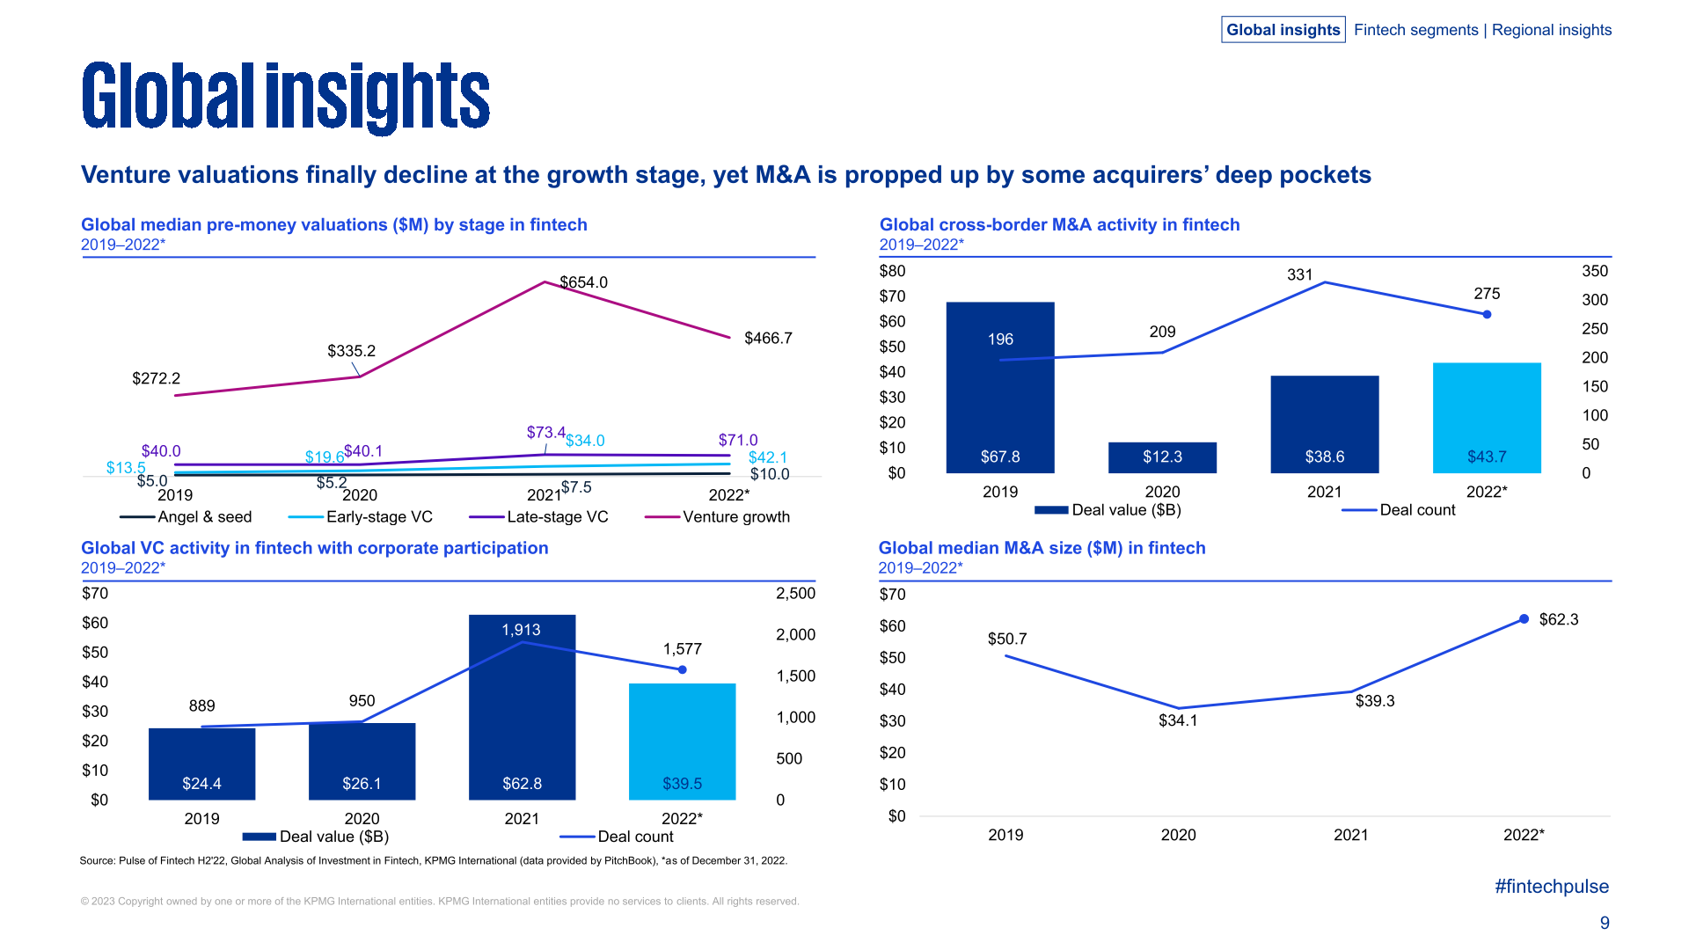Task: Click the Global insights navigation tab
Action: [x=1283, y=30]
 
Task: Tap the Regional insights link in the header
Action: [x=1551, y=30]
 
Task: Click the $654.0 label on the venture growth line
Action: [x=584, y=282]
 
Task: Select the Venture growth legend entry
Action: [x=717, y=517]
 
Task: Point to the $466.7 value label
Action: [x=768, y=339]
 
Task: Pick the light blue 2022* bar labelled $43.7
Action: [x=1487, y=418]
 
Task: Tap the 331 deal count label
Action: [x=1299, y=274]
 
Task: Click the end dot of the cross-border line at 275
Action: [x=1487, y=314]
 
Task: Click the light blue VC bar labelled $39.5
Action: [x=682, y=742]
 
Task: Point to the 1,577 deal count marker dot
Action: [x=682, y=670]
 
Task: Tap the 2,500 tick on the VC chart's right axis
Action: [x=795, y=594]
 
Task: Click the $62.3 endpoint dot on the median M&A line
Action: [x=1524, y=619]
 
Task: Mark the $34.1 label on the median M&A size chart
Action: [x=1178, y=721]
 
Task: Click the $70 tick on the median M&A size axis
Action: [x=892, y=595]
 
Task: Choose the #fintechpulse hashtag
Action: [x=1551, y=887]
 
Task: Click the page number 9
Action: [x=1605, y=923]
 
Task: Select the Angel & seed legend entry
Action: [x=186, y=517]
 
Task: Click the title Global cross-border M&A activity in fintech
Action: [x=1059, y=225]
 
